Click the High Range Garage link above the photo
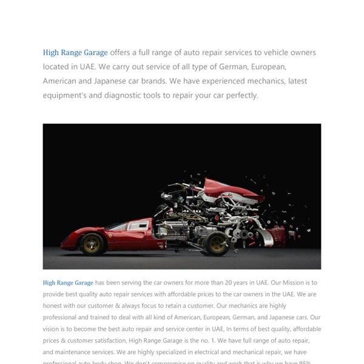click(75, 53)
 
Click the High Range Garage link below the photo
click(68, 283)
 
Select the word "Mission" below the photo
click(288, 283)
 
